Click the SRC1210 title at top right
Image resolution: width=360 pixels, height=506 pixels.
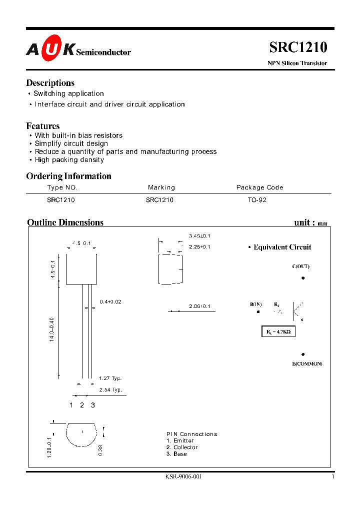pos(298,47)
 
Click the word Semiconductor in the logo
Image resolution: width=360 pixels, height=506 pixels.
pos(103,52)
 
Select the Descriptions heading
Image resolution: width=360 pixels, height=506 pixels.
pos(50,83)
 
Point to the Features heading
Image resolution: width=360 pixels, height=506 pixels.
pos(42,126)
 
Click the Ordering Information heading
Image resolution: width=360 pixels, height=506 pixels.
pos(68,176)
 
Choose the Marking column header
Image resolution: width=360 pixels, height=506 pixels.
pos(161,187)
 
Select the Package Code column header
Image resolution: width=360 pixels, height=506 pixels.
pos(259,187)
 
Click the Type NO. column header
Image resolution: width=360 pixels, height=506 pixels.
pos(62,187)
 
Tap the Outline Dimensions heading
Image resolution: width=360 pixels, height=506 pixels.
pos(65,222)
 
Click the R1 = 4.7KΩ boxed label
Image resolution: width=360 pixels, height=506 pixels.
pos(278,331)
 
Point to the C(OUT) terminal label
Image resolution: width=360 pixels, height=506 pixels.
pos(300,266)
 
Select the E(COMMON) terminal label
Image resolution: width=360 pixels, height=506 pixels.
pos(307,363)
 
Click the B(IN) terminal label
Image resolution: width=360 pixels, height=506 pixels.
pos(256,304)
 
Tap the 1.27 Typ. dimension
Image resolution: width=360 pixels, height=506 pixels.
pos(110,378)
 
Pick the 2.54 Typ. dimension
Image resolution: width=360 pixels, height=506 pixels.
pos(110,389)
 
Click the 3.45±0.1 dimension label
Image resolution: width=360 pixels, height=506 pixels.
pos(199,235)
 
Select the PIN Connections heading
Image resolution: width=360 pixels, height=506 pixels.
pos(191,434)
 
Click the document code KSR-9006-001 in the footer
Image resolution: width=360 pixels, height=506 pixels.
pos(183,477)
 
